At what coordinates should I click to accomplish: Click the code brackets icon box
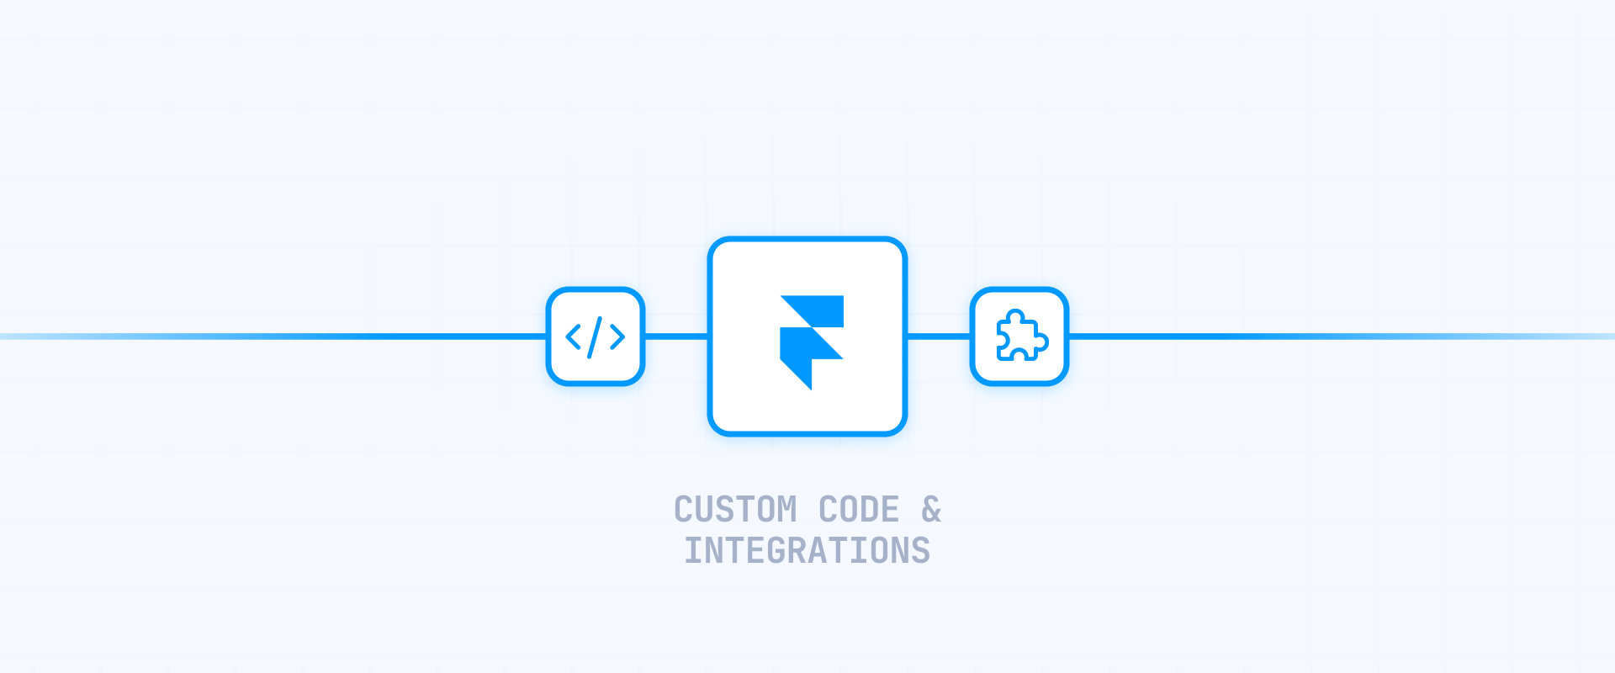coord(596,336)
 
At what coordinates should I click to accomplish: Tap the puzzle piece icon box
coord(1019,336)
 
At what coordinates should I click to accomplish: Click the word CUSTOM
coord(735,510)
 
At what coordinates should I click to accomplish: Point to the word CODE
coord(859,510)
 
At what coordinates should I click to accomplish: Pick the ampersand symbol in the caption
coord(931,510)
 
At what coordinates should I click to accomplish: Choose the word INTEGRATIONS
coord(807,551)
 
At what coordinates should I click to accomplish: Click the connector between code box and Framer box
coord(676,336)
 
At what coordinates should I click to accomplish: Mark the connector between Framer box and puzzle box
coord(939,336)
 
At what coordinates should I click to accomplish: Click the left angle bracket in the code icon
coord(574,337)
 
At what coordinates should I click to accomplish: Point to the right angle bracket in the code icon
coord(617,337)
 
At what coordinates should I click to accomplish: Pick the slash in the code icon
coord(596,336)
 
